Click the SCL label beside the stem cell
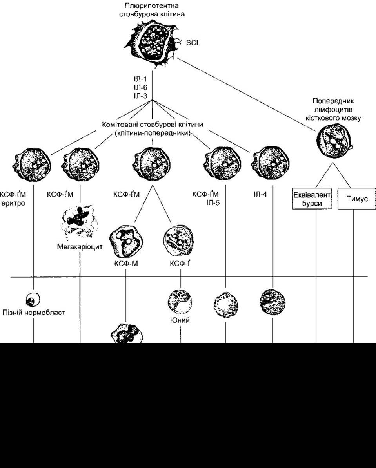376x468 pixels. (x=193, y=43)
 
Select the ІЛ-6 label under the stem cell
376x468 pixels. (x=140, y=87)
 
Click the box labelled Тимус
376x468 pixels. (x=356, y=199)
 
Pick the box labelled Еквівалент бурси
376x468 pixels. (x=312, y=199)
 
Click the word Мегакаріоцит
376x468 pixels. (x=80, y=247)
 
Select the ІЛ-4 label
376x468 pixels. (x=260, y=195)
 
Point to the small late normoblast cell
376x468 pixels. (x=33, y=299)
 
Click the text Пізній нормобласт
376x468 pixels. (x=33, y=313)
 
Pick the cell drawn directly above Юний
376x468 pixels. (x=180, y=302)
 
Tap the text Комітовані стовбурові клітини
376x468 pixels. (x=153, y=125)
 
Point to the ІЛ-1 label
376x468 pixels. (x=140, y=80)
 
